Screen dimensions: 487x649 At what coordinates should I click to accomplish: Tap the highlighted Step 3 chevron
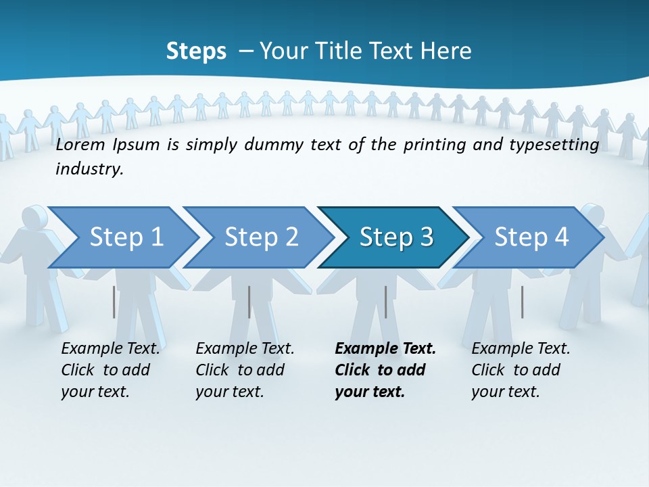(x=396, y=237)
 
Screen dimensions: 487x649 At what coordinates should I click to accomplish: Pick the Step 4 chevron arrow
(x=531, y=237)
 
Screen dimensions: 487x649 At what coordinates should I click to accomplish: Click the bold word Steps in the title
(x=196, y=51)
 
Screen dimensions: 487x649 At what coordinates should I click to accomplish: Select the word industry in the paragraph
(x=89, y=169)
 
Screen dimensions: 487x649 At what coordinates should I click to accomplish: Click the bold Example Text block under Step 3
(x=385, y=370)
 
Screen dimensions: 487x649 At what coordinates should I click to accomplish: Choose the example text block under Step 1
(x=110, y=370)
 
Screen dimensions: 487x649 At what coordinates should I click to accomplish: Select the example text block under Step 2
(x=245, y=370)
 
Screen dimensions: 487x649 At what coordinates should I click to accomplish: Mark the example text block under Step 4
(x=521, y=370)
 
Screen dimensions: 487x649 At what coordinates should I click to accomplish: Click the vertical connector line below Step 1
(x=114, y=302)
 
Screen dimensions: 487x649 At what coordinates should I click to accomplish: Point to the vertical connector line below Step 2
(x=249, y=302)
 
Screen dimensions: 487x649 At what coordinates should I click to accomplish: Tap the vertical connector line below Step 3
(x=385, y=302)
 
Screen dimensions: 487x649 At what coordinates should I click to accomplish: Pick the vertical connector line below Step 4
(x=522, y=302)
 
